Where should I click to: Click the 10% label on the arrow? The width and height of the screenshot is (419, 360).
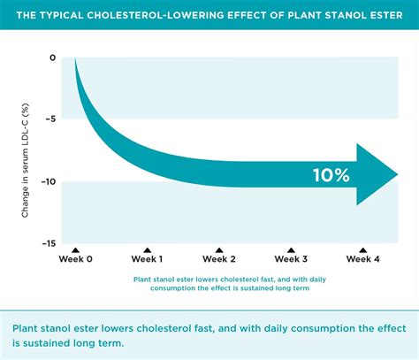click(331, 174)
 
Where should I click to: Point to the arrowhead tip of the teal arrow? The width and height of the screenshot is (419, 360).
click(397, 174)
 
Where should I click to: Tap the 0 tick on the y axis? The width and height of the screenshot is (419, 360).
click(52, 58)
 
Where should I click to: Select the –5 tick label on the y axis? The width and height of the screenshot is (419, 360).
click(50, 119)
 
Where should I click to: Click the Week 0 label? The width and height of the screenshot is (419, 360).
click(75, 259)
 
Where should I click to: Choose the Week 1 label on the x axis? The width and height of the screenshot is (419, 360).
click(147, 259)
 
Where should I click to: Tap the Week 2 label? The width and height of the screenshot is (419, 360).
click(218, 259)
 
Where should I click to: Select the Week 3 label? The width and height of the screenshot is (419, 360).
click(291, 259)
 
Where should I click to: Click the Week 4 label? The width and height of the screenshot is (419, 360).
click(362, 259)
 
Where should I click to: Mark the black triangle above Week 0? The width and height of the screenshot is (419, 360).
click(75, 250)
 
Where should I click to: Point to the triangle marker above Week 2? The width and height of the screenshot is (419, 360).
click(218, 250)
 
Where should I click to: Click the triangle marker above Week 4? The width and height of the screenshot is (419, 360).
click(362, 250)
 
